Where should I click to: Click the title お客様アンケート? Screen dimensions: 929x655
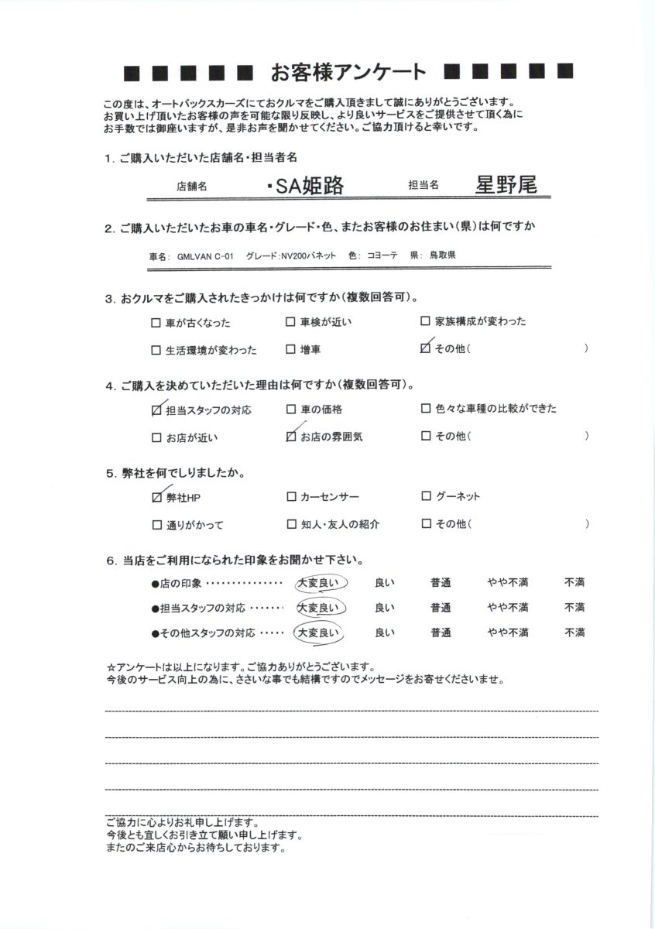348,72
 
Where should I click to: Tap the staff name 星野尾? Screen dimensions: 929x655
506,184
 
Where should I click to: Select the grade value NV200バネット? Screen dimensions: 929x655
309,255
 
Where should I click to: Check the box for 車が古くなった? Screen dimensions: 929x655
157,323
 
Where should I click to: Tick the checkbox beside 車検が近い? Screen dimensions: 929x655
290,322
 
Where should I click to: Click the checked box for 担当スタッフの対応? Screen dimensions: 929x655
157,410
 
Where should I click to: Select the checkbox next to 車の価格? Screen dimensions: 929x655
291,410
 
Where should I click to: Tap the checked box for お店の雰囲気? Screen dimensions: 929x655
291,437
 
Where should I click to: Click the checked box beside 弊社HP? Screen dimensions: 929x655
157,497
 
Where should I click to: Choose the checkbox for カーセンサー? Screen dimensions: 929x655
291,496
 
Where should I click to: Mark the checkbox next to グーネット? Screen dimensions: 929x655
426,496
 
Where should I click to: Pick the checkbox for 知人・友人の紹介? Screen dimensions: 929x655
291,524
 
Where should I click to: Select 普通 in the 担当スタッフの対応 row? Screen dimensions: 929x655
441,608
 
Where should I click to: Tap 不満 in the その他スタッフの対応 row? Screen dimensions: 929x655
574,633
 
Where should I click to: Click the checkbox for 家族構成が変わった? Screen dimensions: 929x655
425,321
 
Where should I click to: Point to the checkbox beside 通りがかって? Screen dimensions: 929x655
157,525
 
